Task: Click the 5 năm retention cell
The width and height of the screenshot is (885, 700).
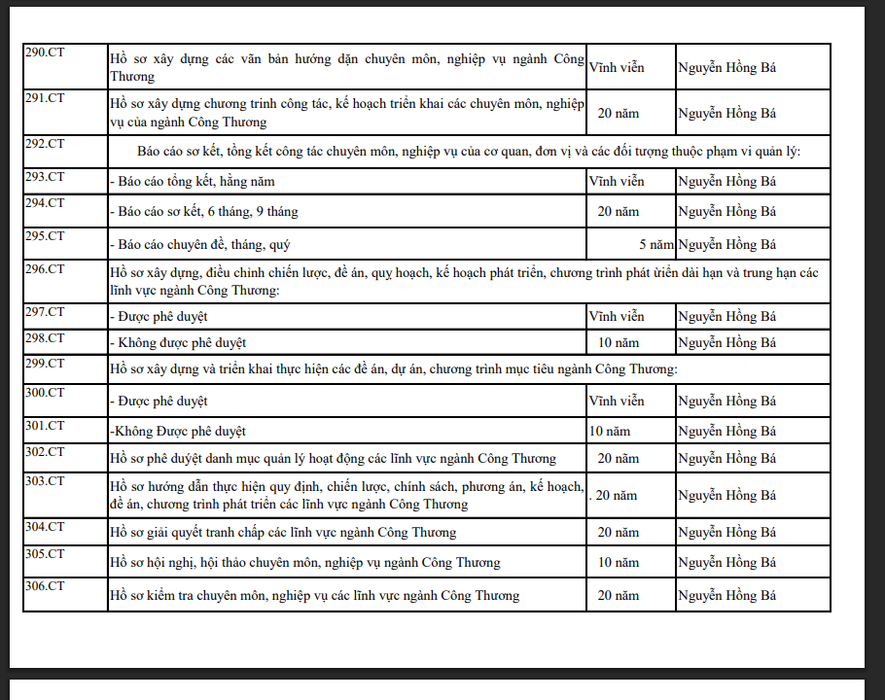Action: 655,244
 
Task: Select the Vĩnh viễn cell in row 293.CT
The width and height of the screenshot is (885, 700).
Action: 617,182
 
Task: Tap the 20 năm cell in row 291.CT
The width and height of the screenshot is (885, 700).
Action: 619,114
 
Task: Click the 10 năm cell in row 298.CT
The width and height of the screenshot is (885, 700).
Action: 619,342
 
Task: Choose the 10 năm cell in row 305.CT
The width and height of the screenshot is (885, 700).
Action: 619,562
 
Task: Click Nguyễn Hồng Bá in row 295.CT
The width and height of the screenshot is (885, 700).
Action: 726,244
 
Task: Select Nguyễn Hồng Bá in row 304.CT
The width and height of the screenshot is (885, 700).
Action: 726,532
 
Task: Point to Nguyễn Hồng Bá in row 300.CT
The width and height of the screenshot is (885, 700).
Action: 726,401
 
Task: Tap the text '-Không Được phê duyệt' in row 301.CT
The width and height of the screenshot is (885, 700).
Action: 178,431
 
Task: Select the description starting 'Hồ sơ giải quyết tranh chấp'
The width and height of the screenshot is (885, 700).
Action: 282,532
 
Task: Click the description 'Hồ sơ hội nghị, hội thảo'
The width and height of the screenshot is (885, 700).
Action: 304,562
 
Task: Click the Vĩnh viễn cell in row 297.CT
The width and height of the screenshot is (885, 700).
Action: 617,316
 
